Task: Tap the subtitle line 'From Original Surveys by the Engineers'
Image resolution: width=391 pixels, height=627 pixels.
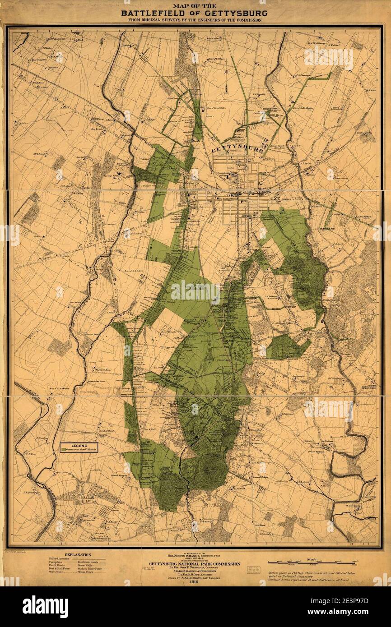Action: [x=195, y=20]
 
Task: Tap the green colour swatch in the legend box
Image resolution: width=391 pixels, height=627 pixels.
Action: [x=64, y=450]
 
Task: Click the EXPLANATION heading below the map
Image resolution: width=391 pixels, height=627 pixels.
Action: [x=78, y=555]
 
